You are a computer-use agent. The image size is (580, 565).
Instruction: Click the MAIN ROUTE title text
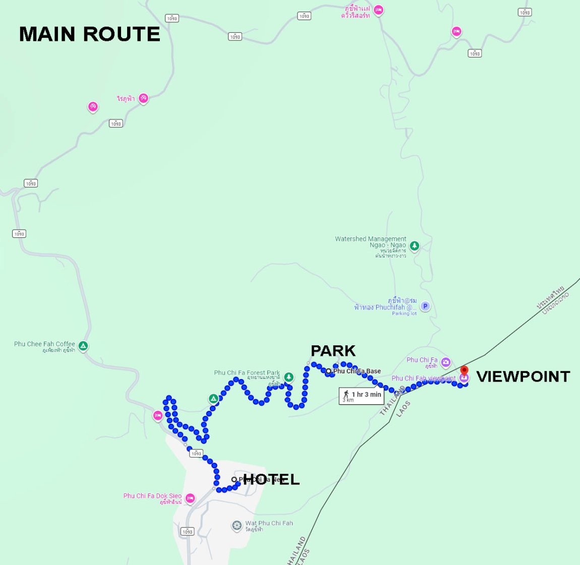[89, 34]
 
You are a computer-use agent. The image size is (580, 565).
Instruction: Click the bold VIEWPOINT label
[523, 376]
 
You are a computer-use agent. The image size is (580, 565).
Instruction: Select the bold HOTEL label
[271, 479]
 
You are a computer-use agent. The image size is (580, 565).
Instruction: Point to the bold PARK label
[333, 351]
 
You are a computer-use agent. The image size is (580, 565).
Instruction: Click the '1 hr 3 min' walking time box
[361, 396]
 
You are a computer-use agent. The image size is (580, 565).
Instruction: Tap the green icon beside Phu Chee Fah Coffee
[83, 346]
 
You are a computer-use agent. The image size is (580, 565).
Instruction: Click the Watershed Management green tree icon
[414, 246]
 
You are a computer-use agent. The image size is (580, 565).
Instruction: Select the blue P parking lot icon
[425, 306]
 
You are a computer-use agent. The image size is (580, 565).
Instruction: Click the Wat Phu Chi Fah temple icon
[237, 526]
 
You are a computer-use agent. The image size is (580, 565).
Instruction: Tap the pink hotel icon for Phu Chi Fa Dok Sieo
[190, 498]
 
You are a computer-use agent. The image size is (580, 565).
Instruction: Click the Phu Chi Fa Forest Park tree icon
[288, 377]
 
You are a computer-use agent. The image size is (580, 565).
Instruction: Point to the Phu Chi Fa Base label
[357, 371]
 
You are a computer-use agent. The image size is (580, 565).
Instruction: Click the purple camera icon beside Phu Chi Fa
[446, 362]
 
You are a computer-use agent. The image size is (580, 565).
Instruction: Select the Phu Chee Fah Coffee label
[44, 344]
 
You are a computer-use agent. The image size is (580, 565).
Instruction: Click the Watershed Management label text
[371, 242]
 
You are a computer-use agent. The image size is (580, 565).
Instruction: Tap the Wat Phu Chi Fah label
[269, 523]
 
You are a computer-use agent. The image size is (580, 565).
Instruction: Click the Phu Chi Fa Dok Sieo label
[152, 496]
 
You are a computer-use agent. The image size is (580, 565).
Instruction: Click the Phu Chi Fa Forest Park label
[247, 373]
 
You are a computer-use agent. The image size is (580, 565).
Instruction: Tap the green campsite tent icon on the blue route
[213, 399]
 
